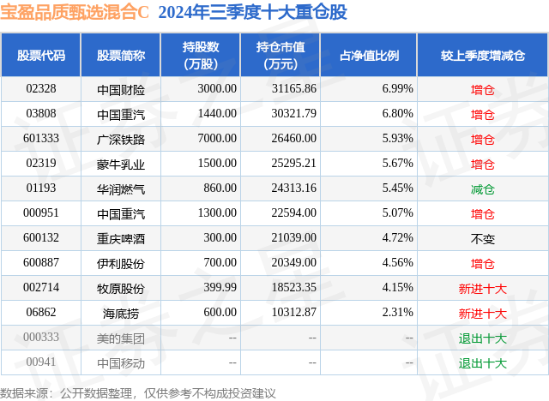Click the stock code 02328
pos(41,89)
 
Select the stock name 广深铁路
pos(120,139)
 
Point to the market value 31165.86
pos(293,89)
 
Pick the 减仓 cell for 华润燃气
pos(483,189)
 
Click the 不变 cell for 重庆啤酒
pos(483,238)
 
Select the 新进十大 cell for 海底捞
pos(483,314)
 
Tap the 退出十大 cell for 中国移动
pos(483,363)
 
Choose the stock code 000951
pos(41,213)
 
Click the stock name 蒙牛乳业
pos(120,164)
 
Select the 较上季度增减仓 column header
pos(483,55)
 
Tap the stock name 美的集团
pos(120,338)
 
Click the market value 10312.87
pos(293,314)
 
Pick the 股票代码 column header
pos(41,55)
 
